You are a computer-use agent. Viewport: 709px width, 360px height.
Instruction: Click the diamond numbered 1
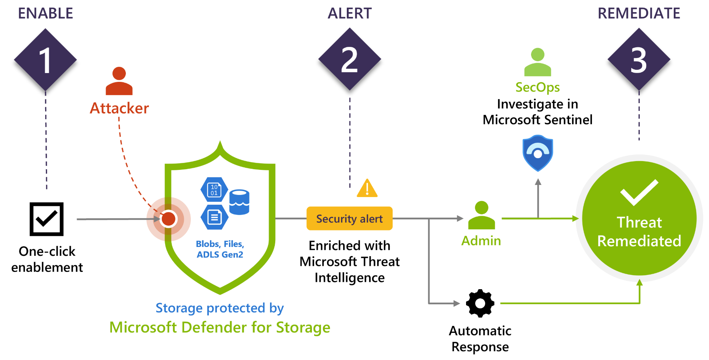[46, 60]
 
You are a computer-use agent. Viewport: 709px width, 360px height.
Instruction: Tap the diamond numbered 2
[349, 59]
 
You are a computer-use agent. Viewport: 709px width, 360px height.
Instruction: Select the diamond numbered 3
[639, 60]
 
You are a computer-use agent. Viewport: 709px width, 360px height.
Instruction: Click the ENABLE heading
[46, 14]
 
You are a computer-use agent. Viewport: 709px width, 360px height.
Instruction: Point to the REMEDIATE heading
[639, 14]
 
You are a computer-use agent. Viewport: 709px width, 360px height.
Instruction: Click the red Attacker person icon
[119, 81]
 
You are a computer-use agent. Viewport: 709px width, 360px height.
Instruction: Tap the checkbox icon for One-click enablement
[47, 219]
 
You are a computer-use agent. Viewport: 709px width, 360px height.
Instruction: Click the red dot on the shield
[168, 219]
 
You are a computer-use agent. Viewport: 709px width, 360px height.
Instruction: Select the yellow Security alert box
[349, 219]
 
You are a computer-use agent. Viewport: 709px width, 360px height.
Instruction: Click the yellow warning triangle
[367, 189]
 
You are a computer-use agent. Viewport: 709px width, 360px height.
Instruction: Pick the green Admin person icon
[481, 215]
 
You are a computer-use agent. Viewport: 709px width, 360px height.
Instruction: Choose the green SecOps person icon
[538, 62]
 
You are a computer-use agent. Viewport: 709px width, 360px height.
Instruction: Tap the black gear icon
[480, 303]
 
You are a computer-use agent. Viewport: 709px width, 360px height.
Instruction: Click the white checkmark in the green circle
[639, 192]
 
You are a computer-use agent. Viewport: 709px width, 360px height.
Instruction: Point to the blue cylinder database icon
[239, 202]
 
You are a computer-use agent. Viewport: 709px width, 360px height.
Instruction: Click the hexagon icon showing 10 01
[214, 190]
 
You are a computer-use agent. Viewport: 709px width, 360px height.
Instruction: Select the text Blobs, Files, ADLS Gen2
[220, 249]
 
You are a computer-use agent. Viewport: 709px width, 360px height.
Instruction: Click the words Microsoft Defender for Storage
[220, 327]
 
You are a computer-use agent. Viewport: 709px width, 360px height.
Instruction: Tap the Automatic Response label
[480, 339]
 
